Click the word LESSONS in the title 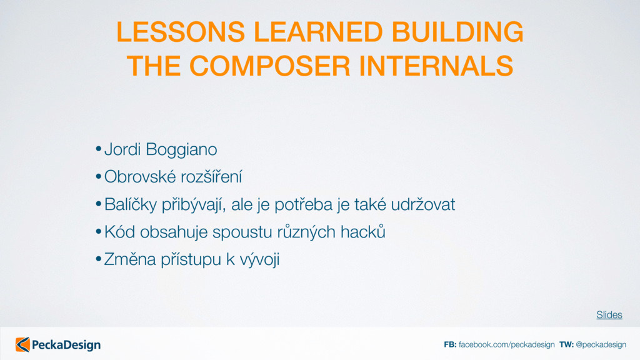coord(181,32)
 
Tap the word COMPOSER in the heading coord(270,66)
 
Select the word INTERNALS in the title coord(436,66)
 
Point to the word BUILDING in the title coord(457,32)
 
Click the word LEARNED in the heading coord(318,32)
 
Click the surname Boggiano coord(181,150)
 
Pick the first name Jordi coord(122,149)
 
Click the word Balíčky coord(131,204)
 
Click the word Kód coord(119,231)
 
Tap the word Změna coord(130,259)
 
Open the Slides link coord(609,315)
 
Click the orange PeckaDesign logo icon coord(23,344)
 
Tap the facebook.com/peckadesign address coord(506,344)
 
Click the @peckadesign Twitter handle coord(601,344)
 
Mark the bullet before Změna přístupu coord(98,259)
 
